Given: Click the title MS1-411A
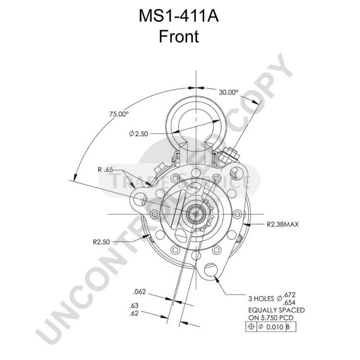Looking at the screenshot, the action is click(x=179, y=16).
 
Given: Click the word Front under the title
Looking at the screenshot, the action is click(x=179, y=36).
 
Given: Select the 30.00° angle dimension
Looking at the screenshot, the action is click(x=228, y=92).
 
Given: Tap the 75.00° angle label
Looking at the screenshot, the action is click(x=119, y=114).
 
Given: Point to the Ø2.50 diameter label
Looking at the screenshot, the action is click(x=138, y=133).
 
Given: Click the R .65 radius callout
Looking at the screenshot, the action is click(x=105, y=169).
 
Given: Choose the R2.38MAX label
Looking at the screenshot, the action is click(x=283, y=224).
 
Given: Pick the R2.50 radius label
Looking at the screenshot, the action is click(x=101, y=242).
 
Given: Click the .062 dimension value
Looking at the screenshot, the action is click(x=139, y=292).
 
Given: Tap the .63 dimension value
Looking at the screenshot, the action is click(x=134, y=306).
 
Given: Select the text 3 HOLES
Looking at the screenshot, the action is click(x=261, y=299).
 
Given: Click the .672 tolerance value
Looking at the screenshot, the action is click(x=289, y=295).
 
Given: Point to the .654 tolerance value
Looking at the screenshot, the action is click(x=289, y=302).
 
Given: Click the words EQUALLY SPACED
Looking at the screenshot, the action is click(x=276, y=310).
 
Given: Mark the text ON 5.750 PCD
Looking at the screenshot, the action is click(x=271, y=318).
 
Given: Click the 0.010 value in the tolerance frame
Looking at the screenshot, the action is click(x=275, y=327).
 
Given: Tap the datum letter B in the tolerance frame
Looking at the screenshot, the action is click(x=288, y=327).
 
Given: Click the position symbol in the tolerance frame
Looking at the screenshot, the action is click(x=251, y=327).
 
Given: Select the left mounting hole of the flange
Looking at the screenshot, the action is click(x=140, y=199).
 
